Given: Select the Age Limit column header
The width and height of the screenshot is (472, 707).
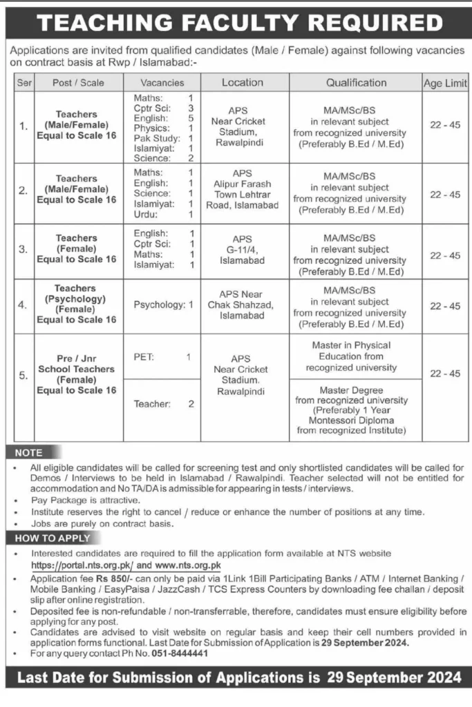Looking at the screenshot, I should pos(444,83).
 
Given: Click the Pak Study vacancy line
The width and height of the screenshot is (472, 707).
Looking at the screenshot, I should pos(164,138).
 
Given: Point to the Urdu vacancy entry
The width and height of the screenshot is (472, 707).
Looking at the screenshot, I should pos(164,215).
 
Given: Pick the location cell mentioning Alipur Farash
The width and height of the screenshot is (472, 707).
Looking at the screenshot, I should pos(242,189).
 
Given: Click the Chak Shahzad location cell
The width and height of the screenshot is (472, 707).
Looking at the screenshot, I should pos(242,304).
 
